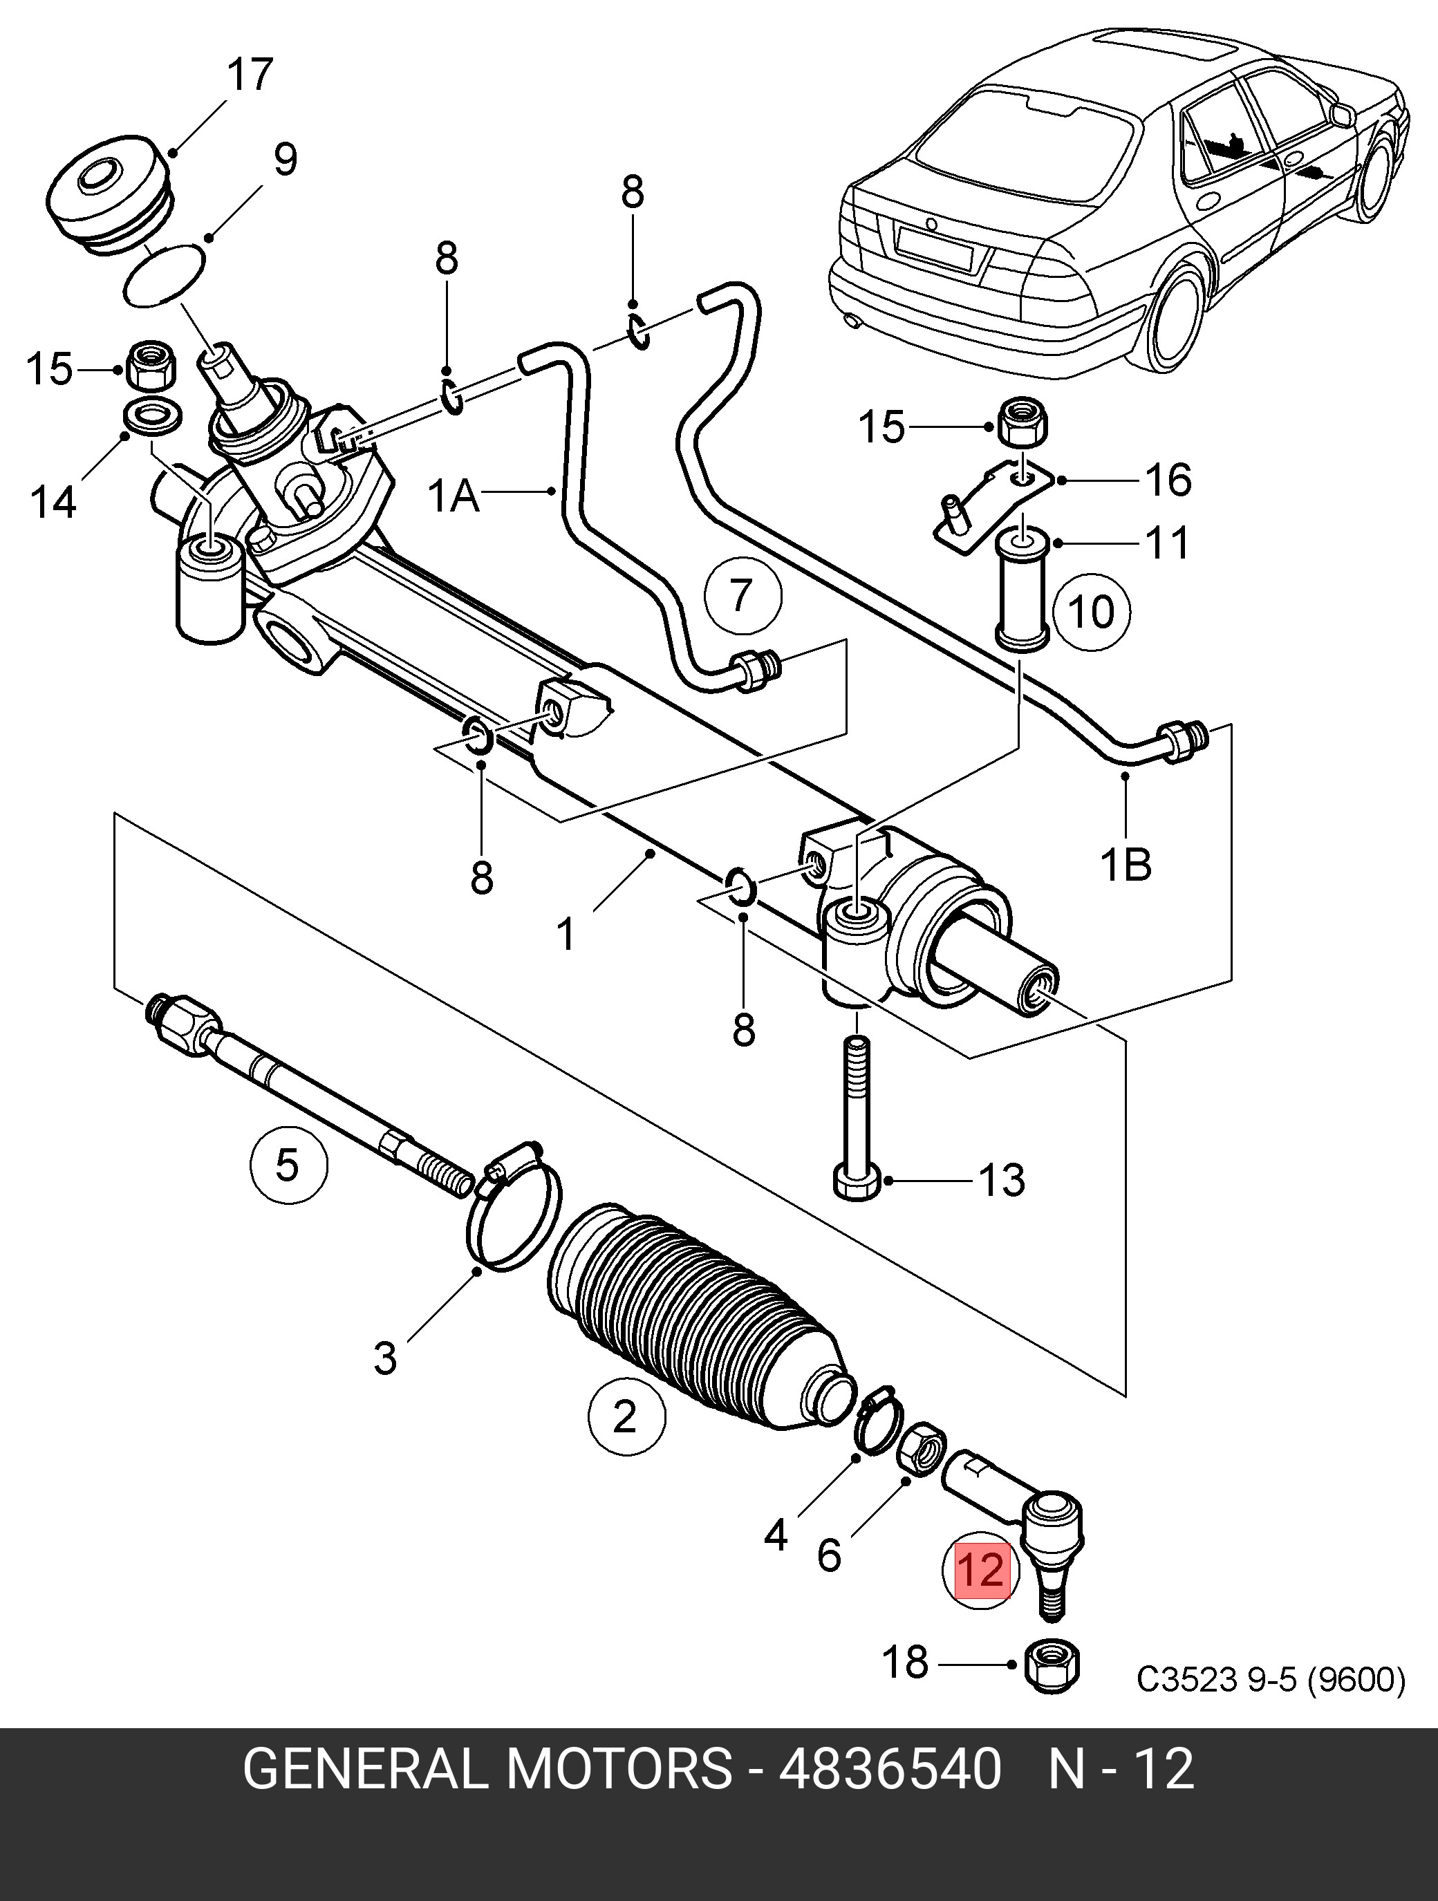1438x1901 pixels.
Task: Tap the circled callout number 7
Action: pyautogui.click(x=743, y=597)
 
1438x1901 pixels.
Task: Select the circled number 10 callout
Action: pyautogui.click(x=1091, y=612)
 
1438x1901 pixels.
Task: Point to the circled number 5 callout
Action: pyautogui.click(x=288, y=1165)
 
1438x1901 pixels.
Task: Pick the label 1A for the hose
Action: pyautogui.click(x=454, y=496)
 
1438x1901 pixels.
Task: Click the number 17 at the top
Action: pyautogui.click(x=250, y=75)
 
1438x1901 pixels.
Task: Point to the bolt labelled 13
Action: pyautogui.click(x=857, y=1117)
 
